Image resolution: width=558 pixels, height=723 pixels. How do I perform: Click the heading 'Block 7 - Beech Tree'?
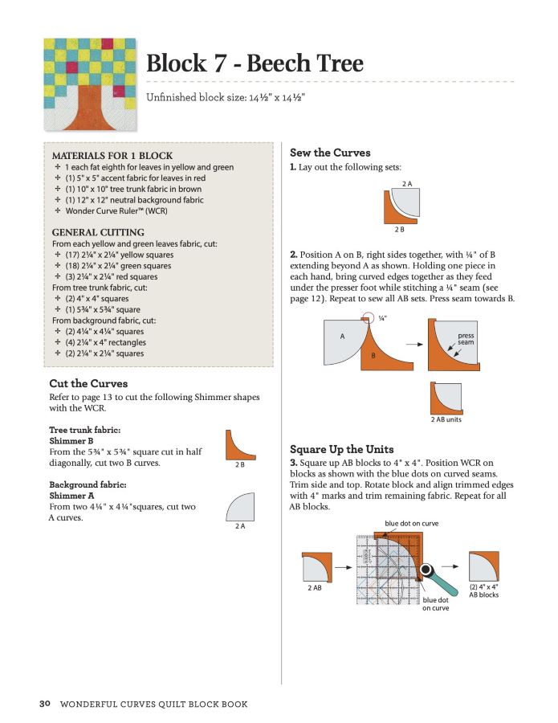coord(255,63)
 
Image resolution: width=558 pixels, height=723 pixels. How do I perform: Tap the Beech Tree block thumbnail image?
coord(89,85)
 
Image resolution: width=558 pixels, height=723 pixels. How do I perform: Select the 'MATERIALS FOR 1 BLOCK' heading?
coord(112,156)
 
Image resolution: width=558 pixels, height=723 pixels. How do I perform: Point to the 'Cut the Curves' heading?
coord(88,384)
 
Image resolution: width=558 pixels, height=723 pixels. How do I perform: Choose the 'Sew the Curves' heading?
coord(330,153)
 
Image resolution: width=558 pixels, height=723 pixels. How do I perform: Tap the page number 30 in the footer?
coord(46,704)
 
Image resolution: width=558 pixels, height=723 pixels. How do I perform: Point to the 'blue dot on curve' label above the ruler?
coord(412,524)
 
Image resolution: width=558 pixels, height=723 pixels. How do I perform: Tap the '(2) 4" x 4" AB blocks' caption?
coord(484,590)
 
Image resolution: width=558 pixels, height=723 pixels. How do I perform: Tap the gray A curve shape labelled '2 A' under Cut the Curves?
coord(240,506)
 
